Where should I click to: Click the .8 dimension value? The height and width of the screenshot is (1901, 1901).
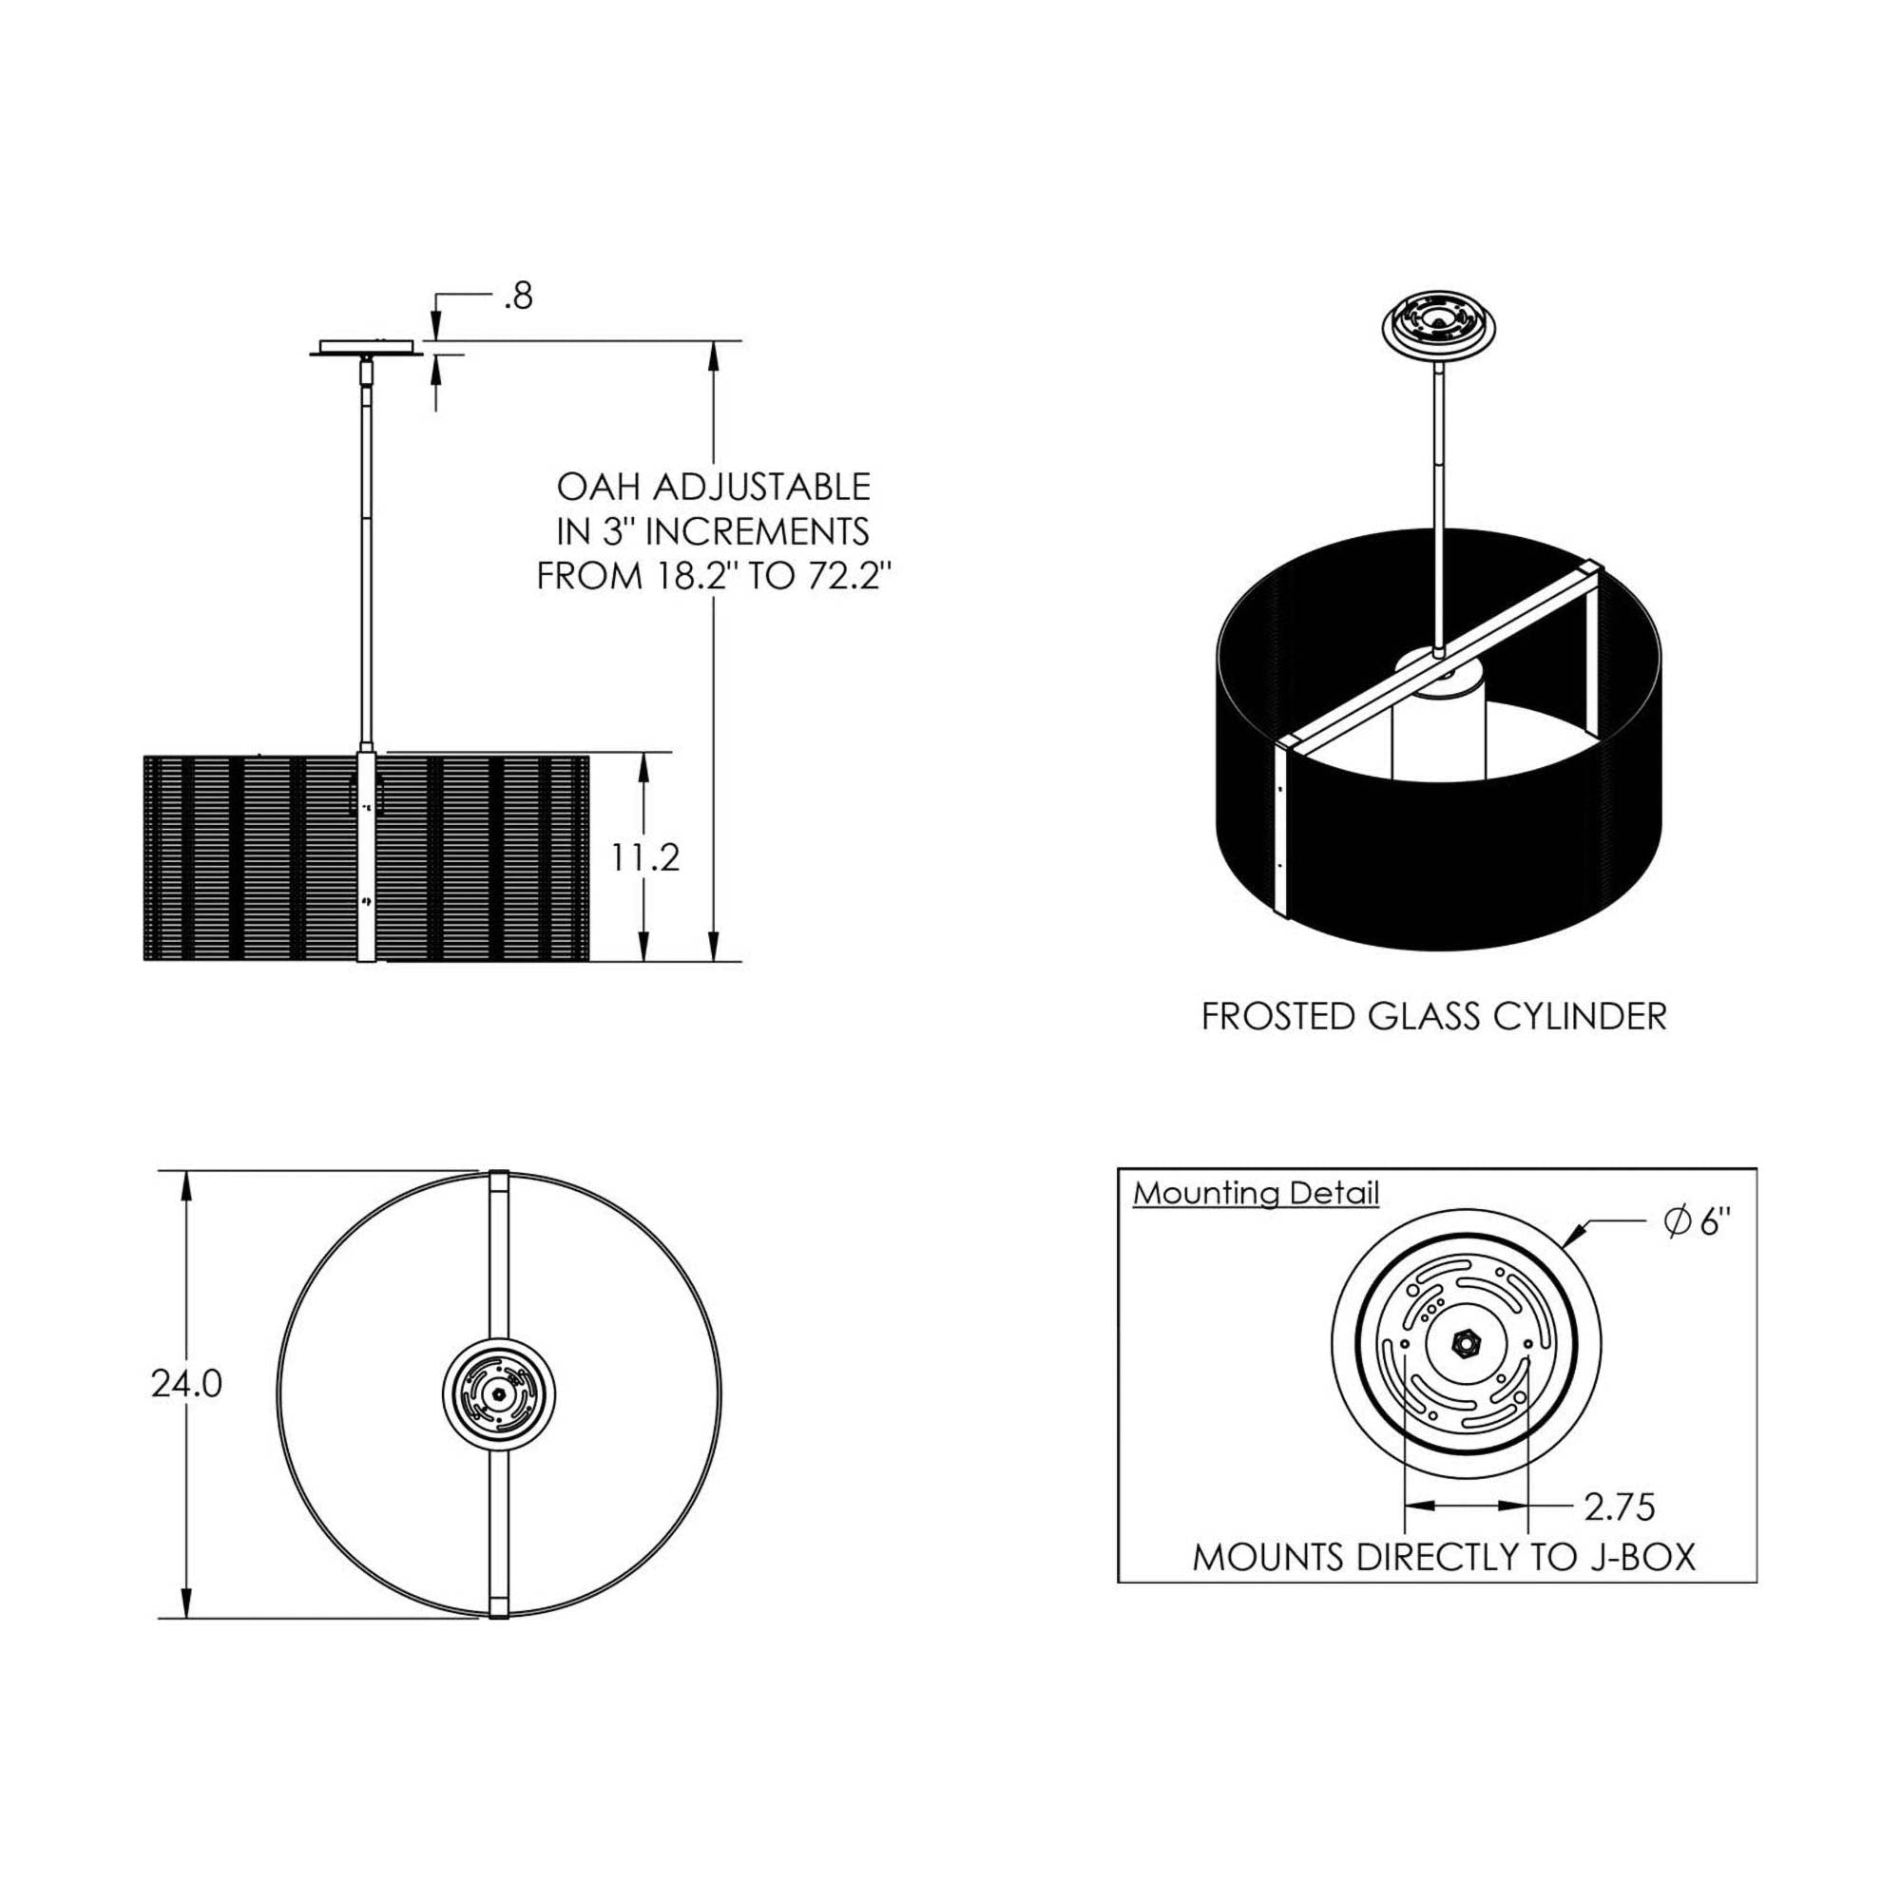tap(518, 297)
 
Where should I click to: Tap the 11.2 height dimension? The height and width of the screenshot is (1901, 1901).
tap(644, 858)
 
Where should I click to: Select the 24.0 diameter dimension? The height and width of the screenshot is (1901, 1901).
tap(187, 1385)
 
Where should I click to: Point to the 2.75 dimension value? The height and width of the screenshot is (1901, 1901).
tap(1620, 1507)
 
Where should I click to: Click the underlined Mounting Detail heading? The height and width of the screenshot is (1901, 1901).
tap(1257, 1195)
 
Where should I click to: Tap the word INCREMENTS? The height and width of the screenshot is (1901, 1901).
tap(757, 531)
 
